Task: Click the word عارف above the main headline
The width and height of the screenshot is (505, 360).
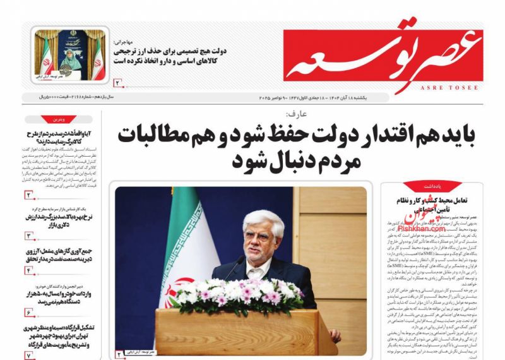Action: [x=295, y=114]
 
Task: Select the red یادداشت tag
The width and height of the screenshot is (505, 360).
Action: [x=432, y=186]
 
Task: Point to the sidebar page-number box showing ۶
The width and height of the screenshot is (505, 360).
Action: [x=29, y=312]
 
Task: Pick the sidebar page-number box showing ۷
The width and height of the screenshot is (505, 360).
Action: [x=29, y=356]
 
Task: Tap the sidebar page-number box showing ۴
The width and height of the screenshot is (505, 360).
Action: [x=29, y=270]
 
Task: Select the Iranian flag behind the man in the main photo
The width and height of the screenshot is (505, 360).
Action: [x=183, y=253]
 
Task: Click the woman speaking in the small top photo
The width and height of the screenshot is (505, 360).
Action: [x=71, y=56]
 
